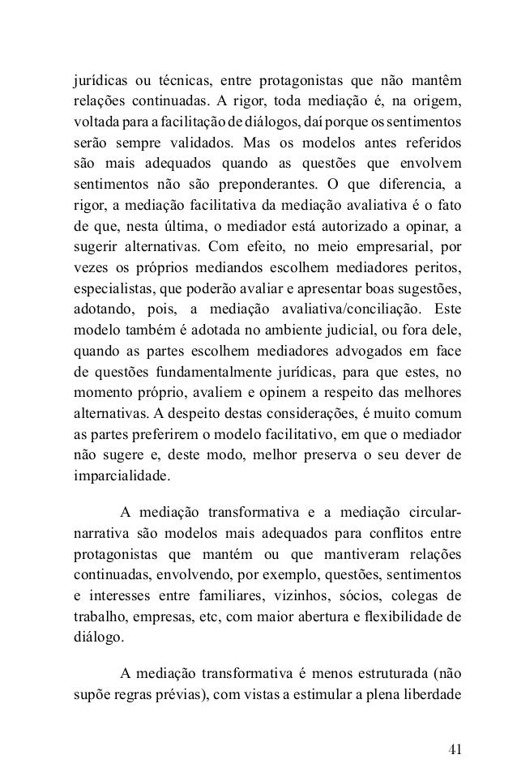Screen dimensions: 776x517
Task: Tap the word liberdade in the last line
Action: [432, 694]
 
